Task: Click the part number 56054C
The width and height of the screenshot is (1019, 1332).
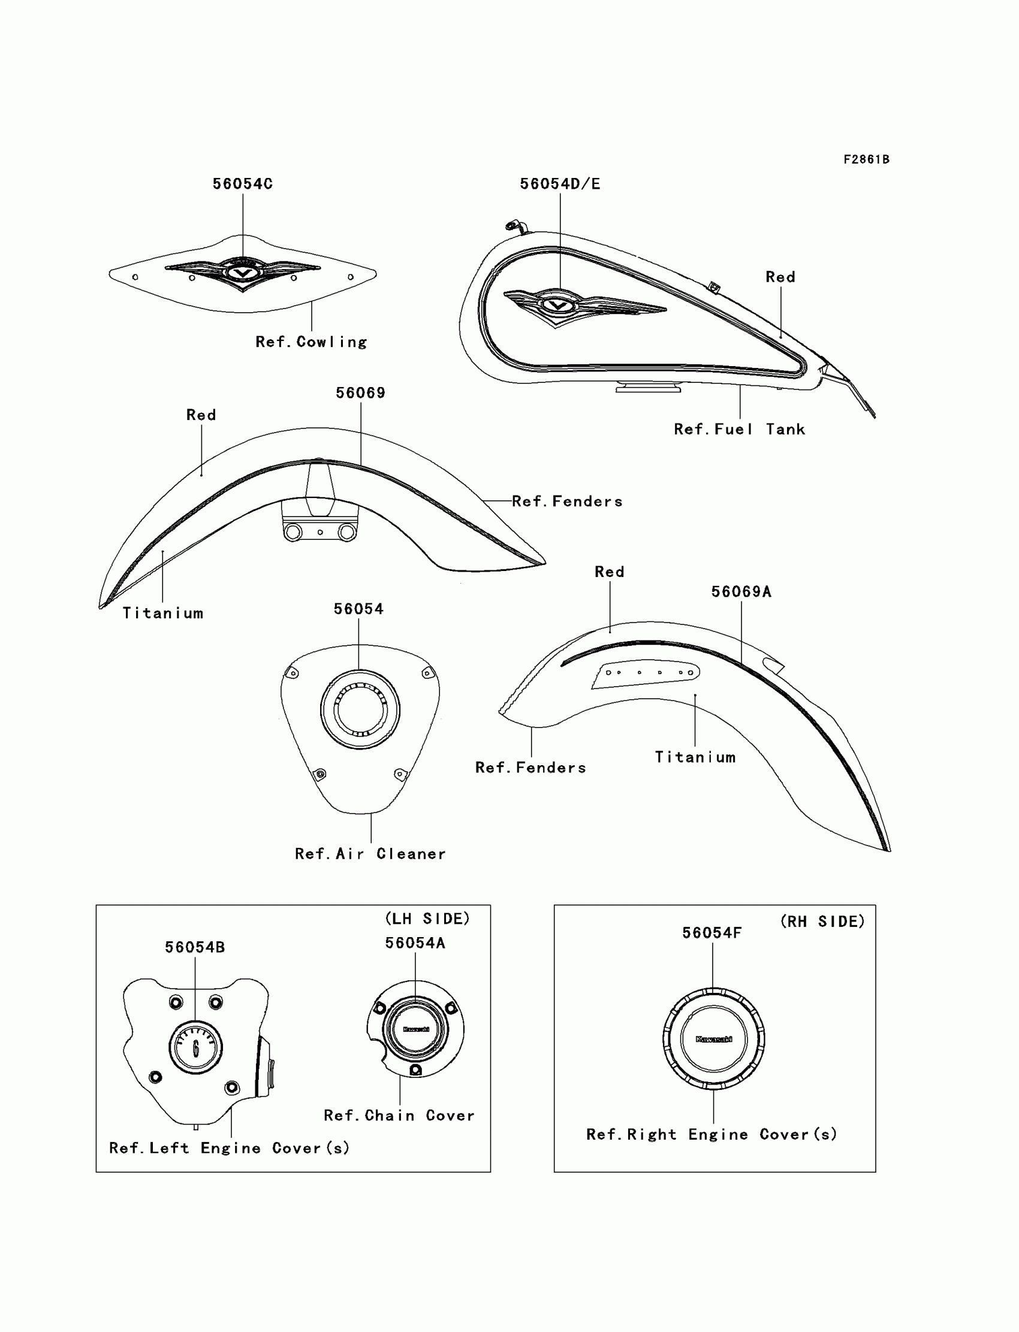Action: (242, 184)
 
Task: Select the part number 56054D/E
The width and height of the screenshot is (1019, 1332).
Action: (559, 184)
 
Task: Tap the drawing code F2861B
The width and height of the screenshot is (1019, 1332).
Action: (866, 159)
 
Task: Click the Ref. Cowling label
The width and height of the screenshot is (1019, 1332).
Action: (311, 342)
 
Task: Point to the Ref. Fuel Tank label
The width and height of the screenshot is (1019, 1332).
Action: (740, 429)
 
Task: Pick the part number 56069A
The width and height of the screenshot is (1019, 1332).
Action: (741, 592)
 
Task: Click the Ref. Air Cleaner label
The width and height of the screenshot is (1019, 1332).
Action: (370, 854)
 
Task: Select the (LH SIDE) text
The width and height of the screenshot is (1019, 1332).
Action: (427, 919)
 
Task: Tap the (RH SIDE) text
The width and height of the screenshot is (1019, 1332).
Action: (822, 922)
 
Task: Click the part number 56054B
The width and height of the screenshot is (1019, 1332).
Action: (195, 947)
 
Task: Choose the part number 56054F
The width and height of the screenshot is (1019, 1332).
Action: (712, 932)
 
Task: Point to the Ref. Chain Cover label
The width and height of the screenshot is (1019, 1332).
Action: (399, 1116)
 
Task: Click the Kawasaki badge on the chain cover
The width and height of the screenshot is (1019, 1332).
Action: (415, 1029)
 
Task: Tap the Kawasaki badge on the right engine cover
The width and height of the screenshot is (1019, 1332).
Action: (713, 1039)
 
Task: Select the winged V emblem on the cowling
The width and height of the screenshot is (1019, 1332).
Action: (243, 273)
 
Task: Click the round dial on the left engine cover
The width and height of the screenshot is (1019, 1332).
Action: (195, 1047)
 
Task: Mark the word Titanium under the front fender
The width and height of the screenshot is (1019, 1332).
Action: (162, 613)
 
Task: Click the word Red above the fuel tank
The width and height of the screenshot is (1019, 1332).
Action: (780, 277)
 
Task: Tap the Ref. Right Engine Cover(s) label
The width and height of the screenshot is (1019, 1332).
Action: (712, 1134)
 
